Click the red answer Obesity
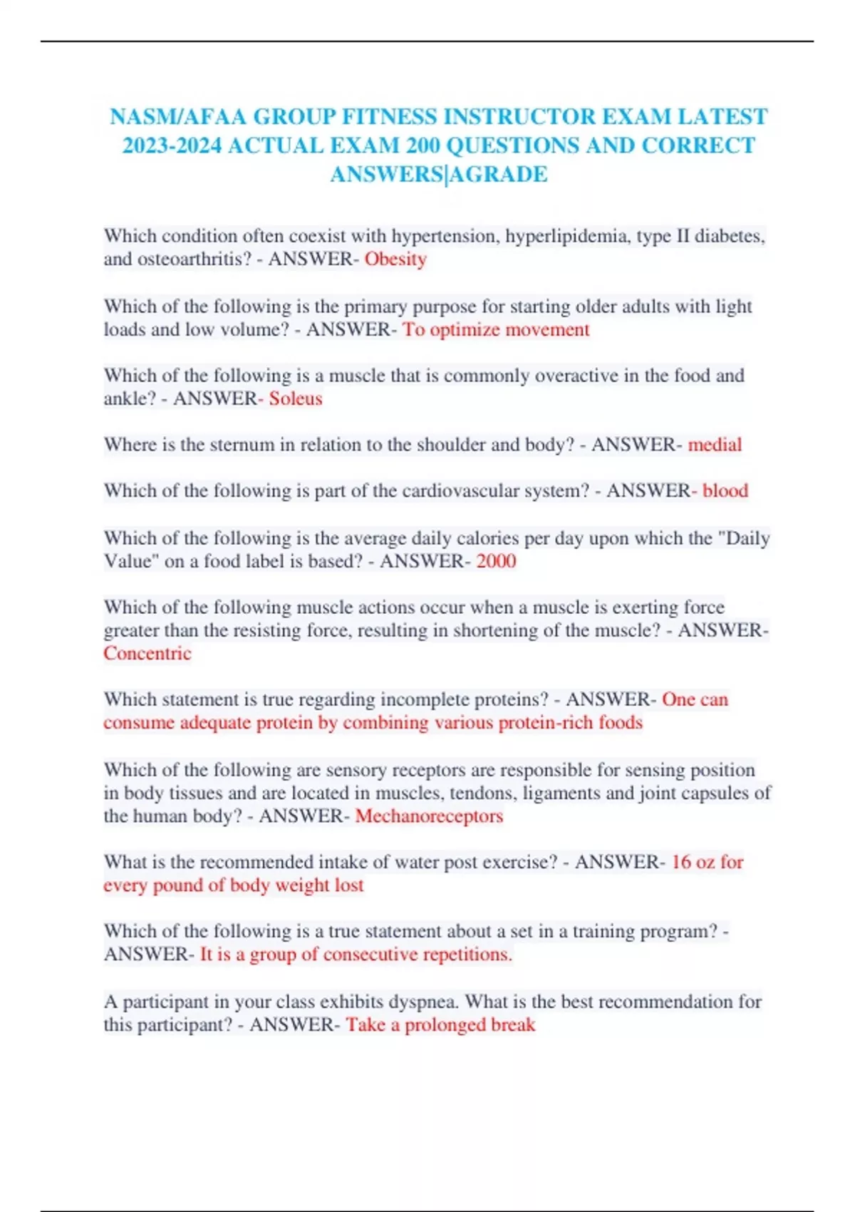pyautogui.click(x=395, y=259)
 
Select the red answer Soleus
pyautogui.click(x=295, y=399)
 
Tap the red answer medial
pyautogui.click(x=715, y=445)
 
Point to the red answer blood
pyautogui.click(x=725, y=491)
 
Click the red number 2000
pyautogui.click(x=496, y=561)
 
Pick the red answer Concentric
pyautogui.click(x=147, y=654)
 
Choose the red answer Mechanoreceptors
pyautogui.click(x=429, y=816)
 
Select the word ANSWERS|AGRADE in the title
pyautogui.click(x=438, y=174)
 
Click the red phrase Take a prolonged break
pyautogui.click(x=440, y=1025)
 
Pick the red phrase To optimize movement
pyautogui.click(x=496, y=329)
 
